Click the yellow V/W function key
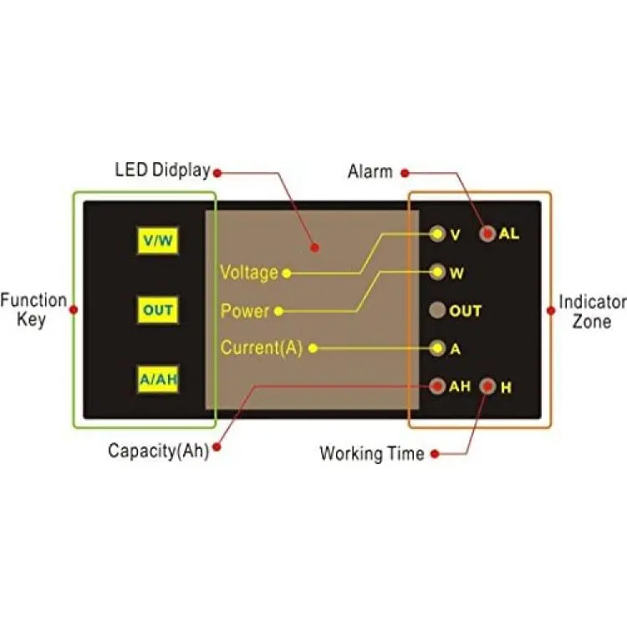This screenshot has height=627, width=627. coord(157,240)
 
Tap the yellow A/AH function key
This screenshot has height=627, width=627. coord(157,379)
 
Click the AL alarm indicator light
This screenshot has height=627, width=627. coord(487,233)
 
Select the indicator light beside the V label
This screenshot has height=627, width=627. coord(437,233)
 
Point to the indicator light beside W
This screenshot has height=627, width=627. coord(437,272)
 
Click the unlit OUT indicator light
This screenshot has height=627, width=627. coord(437,310)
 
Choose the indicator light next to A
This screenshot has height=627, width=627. coord(437,348)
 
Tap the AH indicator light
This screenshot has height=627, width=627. coord(437,386)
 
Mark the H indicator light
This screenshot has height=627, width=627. coord(487,386)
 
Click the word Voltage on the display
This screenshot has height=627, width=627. coord(249,273)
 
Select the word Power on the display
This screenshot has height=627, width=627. coord(245,311)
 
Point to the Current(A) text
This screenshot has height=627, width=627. coord(261,348)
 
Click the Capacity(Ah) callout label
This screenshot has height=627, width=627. coord(158,451)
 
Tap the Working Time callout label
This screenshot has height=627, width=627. coord(372,453)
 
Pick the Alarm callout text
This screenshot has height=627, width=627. coord(370,171)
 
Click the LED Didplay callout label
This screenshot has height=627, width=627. coord(162,170)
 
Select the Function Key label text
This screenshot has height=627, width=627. coord(33,310)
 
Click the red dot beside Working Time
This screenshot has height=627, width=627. coord(435,454)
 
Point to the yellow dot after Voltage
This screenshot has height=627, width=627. coord(287,273)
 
